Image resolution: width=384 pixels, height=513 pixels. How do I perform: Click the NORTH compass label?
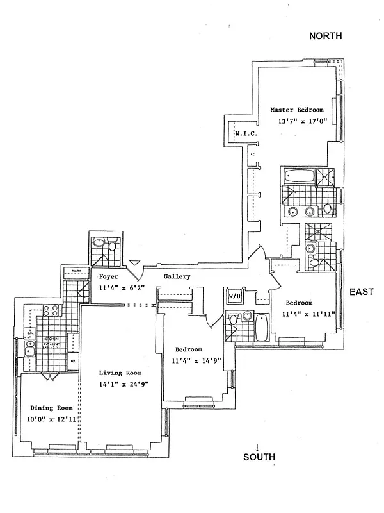[326, 37]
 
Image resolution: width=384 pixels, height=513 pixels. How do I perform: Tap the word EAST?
[362, 292]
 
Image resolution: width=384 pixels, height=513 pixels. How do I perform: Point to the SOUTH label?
[259, 457]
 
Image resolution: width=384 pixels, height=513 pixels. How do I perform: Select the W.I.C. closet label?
[246, 133]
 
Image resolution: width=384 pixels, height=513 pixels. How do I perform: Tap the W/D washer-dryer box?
[233, 296]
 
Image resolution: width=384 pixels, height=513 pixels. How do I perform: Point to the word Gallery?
[177, 276]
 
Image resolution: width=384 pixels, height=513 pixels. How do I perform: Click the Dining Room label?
[50, 407]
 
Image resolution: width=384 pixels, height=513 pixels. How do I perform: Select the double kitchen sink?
[29, 349]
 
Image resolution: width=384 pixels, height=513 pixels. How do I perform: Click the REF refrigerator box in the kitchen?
[72, 361]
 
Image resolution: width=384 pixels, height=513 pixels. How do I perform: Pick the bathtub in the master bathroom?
[297, 176]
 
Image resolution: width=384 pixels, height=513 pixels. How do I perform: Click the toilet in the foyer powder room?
[113, 246]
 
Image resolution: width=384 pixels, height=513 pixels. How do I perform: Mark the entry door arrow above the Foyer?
[134, 263]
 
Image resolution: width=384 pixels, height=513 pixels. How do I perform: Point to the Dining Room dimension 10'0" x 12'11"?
[50, 419]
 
